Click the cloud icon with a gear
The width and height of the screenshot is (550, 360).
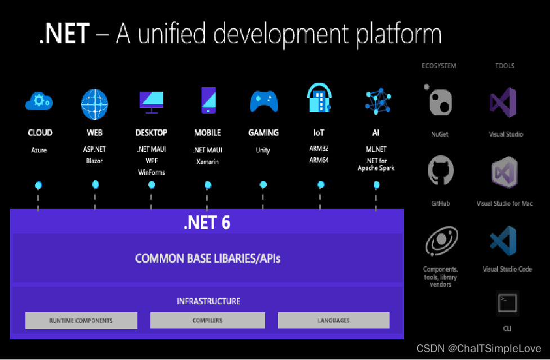pos(39,101)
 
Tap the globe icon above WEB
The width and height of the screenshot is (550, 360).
pos(95,102)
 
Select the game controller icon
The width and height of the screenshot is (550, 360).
pos(263,101)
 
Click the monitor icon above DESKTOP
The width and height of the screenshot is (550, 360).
pos(151,100)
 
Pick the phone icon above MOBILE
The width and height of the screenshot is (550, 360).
pos(208,100)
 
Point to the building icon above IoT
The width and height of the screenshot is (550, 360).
pos(320,98)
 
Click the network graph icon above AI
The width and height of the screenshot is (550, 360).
pos(378,101)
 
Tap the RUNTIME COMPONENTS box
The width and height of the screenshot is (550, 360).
pos(81,321)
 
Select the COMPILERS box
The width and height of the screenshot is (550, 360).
pos(207,321)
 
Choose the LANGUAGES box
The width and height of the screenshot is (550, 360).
pos(333,321)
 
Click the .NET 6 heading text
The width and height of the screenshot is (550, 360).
pos(207,223)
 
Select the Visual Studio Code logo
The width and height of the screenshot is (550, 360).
pos(504,240)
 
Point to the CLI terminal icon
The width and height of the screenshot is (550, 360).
pos(507,304)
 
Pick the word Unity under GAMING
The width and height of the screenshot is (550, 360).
pos(263,150)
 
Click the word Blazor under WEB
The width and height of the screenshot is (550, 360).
pos(94,161)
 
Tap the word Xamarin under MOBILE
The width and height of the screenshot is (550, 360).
pos(207,161)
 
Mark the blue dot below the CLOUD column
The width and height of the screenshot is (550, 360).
pos(38,184)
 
